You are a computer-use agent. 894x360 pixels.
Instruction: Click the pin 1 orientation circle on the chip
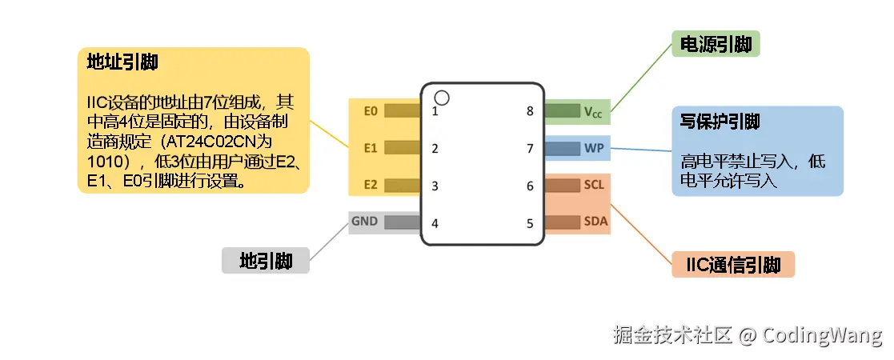pos(442,98)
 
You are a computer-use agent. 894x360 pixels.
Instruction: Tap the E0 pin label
pos(370,111)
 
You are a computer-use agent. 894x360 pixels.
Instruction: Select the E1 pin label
pos(370,148)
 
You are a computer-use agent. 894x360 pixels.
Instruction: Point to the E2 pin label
pos(370,186)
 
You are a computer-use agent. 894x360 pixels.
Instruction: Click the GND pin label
pos(364,222)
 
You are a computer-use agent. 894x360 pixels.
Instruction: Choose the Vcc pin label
pos(593,112)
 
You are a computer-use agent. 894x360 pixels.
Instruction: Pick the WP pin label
pos(594,148)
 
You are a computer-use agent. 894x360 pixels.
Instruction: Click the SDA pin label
pos(595,222)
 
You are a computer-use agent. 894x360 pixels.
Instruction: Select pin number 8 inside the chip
pos(530,111)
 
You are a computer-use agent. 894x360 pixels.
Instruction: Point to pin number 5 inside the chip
pos(530,223)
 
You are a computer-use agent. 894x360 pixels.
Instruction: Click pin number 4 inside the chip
pos(435,223)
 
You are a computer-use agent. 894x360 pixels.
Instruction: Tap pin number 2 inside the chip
pos(435,148)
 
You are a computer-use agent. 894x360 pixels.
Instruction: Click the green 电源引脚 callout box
pos(715,45)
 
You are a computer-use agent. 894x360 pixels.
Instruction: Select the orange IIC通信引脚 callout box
pos(732,265)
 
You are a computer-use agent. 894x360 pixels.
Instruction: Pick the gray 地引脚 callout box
pos(265,261)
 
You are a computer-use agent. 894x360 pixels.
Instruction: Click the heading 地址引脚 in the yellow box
pos(122,62)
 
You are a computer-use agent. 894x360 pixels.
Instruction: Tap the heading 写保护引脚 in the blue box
pos(720,122)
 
